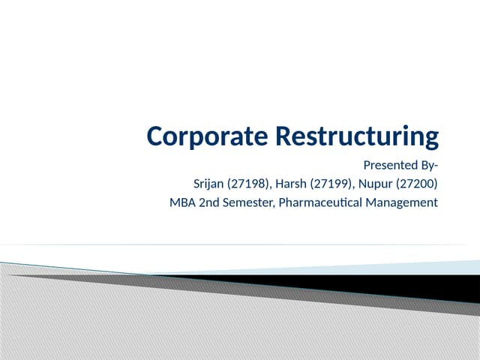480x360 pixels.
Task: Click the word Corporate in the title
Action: coord(208,136)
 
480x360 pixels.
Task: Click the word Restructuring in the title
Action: coord(357,136)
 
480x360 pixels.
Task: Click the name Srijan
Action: coord(208,184)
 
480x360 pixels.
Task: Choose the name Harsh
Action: coord(295,184)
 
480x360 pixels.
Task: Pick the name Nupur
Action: coord(379,184)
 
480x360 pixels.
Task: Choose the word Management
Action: coord(402,202)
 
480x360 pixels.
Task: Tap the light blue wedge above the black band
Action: coord(420,267)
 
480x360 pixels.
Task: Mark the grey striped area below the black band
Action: coord(150,322)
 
